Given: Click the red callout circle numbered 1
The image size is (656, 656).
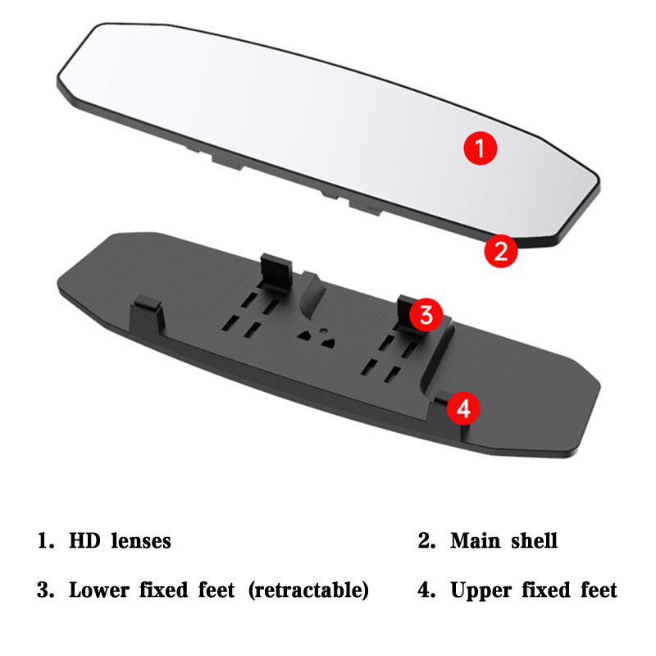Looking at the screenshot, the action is click(x=481, y=148).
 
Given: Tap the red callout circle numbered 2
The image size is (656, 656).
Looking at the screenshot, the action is click(x=501, y=251).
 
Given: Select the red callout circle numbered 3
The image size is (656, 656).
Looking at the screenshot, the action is click(x=426, y=315).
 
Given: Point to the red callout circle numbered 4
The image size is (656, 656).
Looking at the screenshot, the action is click(x=463, y=408).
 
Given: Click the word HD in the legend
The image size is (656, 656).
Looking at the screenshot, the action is click(x=84, y=540).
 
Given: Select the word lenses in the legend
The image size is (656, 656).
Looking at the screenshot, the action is click(x=141, y=540).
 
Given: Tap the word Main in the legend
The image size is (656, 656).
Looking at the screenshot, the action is click(x=476, y=540).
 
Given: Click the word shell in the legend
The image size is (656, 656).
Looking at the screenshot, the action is click(x=535, y=540).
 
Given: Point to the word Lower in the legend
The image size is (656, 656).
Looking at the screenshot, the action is click(x=99, y=590).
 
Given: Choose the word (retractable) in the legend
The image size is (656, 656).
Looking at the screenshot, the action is click(x=309, y=590).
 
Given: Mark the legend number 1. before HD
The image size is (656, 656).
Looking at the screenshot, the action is click(x=46, y=540).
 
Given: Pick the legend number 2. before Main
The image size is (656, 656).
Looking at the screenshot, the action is click(x=426, y=540).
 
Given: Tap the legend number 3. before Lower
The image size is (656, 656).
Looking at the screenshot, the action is click(x=46, y=590).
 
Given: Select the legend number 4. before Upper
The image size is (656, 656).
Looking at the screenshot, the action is click(x=426, y=590).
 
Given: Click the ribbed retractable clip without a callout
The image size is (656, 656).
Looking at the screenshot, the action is click(x=276, y=272).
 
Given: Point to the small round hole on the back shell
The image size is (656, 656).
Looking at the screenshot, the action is click(x=323, y=331).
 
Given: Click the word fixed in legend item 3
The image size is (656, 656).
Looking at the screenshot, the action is click(x=163, y=590).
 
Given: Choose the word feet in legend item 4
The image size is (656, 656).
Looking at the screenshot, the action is click(x=599, y=590).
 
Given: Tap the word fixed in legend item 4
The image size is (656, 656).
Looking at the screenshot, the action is click(x=546, y=590).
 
